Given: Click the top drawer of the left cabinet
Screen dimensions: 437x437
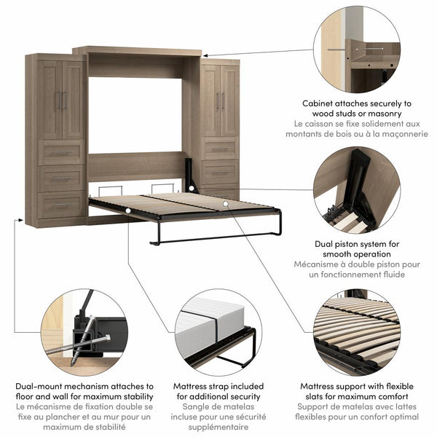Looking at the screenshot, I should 61,153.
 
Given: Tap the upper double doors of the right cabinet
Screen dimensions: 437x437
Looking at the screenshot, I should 219,100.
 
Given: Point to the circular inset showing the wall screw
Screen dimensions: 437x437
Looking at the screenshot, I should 357,49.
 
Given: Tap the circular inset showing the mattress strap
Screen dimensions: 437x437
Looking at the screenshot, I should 219,332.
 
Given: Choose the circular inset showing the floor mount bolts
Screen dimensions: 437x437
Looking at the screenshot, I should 83,332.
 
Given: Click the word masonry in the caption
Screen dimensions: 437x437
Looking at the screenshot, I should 392,114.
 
